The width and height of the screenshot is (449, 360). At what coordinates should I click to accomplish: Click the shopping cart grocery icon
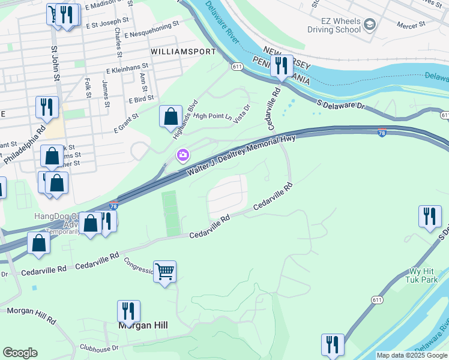(x=164, y=271)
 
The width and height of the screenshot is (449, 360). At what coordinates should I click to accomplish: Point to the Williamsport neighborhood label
(x=183, y=52)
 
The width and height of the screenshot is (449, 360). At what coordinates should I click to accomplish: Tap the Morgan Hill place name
(x=142, y=325)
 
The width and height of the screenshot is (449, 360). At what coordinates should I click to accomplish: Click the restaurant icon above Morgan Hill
(x=128, y=311)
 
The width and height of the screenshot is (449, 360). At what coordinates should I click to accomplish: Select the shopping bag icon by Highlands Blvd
(x=171, y=116)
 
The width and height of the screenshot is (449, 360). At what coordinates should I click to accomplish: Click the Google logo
(x=20, y=353)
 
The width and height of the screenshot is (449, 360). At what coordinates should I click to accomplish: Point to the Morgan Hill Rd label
(x=30, y=311)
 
